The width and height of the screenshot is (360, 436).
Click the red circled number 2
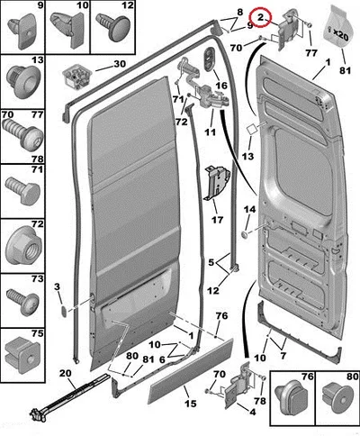click(x=260, y=17)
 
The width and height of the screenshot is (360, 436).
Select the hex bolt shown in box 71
click(x=23, y=190)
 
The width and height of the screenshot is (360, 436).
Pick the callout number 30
click(x=120, y=64)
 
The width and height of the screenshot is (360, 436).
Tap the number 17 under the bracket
click(x=217, y=220)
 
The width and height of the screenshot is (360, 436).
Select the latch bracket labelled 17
click(x=217, y=184)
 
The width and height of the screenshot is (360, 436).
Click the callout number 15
click(x=191, y=404)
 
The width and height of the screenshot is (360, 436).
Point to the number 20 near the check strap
click(x=66, y=373)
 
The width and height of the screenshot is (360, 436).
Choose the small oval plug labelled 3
click(x=65, y=312)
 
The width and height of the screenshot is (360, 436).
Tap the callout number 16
click(x=221, y=86)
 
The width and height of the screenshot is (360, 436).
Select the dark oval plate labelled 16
click(x=209, y=59)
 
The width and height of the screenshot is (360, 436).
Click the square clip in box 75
click(x=22, y=356)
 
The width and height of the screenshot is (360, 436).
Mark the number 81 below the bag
click(x=345, y=70)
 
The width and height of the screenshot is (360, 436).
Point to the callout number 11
click(x=210, y=132)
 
